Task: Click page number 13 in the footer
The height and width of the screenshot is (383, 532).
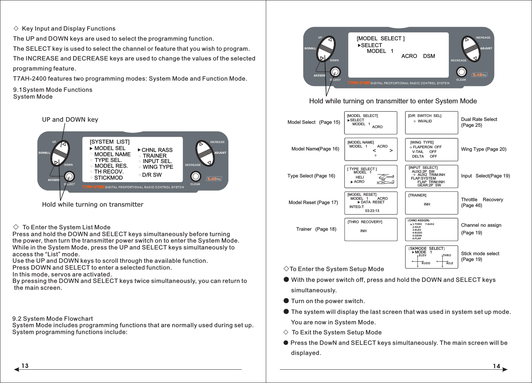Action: click(25, 366)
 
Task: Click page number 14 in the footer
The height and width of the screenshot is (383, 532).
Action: click(496, 366)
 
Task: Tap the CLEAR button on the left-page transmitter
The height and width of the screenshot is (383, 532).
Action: click(195, 176)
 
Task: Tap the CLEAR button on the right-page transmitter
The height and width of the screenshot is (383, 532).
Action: click(461, 72)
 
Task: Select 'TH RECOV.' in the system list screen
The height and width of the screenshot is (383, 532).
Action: click(109, 172)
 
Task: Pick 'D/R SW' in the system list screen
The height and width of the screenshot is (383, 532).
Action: click(152, 175)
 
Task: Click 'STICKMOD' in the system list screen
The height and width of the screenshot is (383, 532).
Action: click(108, 178)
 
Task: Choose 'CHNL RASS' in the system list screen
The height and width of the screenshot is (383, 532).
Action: click(157, 150)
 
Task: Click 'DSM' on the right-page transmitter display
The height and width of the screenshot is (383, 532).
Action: click(429, 56)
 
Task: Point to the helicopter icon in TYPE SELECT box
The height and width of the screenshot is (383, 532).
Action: click(385, 179)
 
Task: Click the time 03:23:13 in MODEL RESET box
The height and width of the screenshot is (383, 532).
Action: click(372, 211)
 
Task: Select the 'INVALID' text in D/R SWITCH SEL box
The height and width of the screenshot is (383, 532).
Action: click(425, 121)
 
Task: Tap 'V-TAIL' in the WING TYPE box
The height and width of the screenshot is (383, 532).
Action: click(418, 152)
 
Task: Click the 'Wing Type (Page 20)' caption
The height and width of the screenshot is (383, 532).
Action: click(483, 149)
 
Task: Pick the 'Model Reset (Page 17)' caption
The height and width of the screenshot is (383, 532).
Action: click(313, 202)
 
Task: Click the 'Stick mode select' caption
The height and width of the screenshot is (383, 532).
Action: click(480, 253)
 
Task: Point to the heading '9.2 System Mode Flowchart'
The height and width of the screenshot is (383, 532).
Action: click(53, 319)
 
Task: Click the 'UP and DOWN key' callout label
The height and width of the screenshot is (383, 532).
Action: click(70, 120)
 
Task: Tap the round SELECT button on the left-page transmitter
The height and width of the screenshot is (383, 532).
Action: click(69, 176)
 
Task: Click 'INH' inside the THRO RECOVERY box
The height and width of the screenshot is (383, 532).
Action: click(363, 231)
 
